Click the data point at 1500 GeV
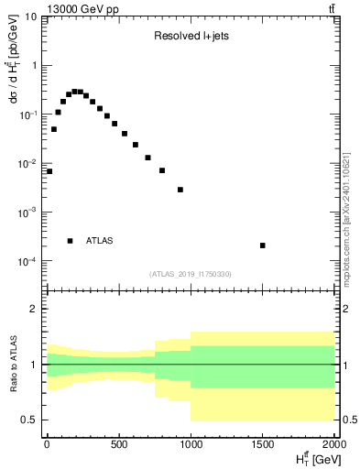[x=263, y=245]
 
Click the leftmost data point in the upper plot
[x=49, y=171]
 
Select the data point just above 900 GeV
[x=180, y=190]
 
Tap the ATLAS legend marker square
[x=71, y=241]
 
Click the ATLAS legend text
[x=99, y=241]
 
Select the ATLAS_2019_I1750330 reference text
[x=191, y=274]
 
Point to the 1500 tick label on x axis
[x=262, y=446]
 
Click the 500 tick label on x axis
[x=118, y=446]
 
